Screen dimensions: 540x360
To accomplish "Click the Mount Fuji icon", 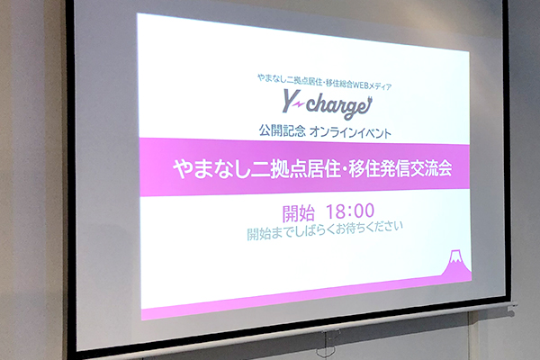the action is (x=456, y=263).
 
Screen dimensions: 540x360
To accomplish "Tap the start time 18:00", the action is (x=350, y=211).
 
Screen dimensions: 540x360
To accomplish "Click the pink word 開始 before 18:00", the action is (x=298, y=213).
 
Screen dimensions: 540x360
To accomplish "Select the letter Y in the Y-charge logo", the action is (x=291, y=100).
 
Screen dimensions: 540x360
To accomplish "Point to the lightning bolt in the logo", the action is (x=300, y=103).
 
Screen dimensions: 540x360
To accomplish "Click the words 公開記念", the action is (x=282, y=130).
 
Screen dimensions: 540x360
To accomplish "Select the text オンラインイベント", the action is (x=351, y=133).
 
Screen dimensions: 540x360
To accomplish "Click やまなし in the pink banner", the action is (x=211, y=169).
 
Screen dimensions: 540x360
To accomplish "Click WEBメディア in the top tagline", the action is (x=373, y=85).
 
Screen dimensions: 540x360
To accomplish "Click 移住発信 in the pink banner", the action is (x=372, y=169).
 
